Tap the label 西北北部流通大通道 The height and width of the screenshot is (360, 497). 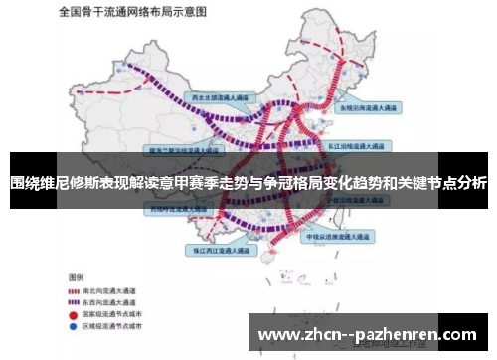[x=226, y=97]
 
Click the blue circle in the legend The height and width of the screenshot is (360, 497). [x=73, y=325]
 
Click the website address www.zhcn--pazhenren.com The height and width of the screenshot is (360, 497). [x=366, y=334]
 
